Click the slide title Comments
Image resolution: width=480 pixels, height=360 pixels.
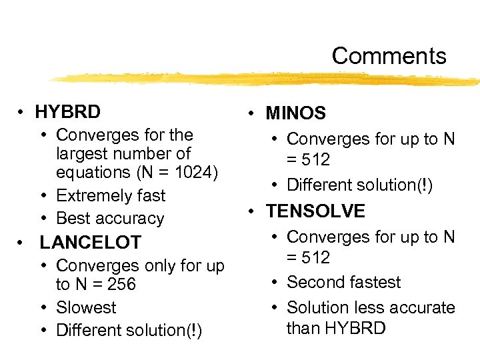(389, 56)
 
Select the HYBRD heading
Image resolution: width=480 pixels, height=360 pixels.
(68, 111)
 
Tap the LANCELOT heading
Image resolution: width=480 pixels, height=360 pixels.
(90, 242)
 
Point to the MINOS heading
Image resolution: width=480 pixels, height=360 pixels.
(295, 113)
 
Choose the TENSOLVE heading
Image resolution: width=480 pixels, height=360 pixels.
(315, 211)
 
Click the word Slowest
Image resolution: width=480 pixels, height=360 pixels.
(86, 307)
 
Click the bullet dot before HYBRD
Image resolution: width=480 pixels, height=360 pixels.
(23, 112)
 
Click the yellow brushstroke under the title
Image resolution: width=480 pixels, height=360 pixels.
(267, 79)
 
